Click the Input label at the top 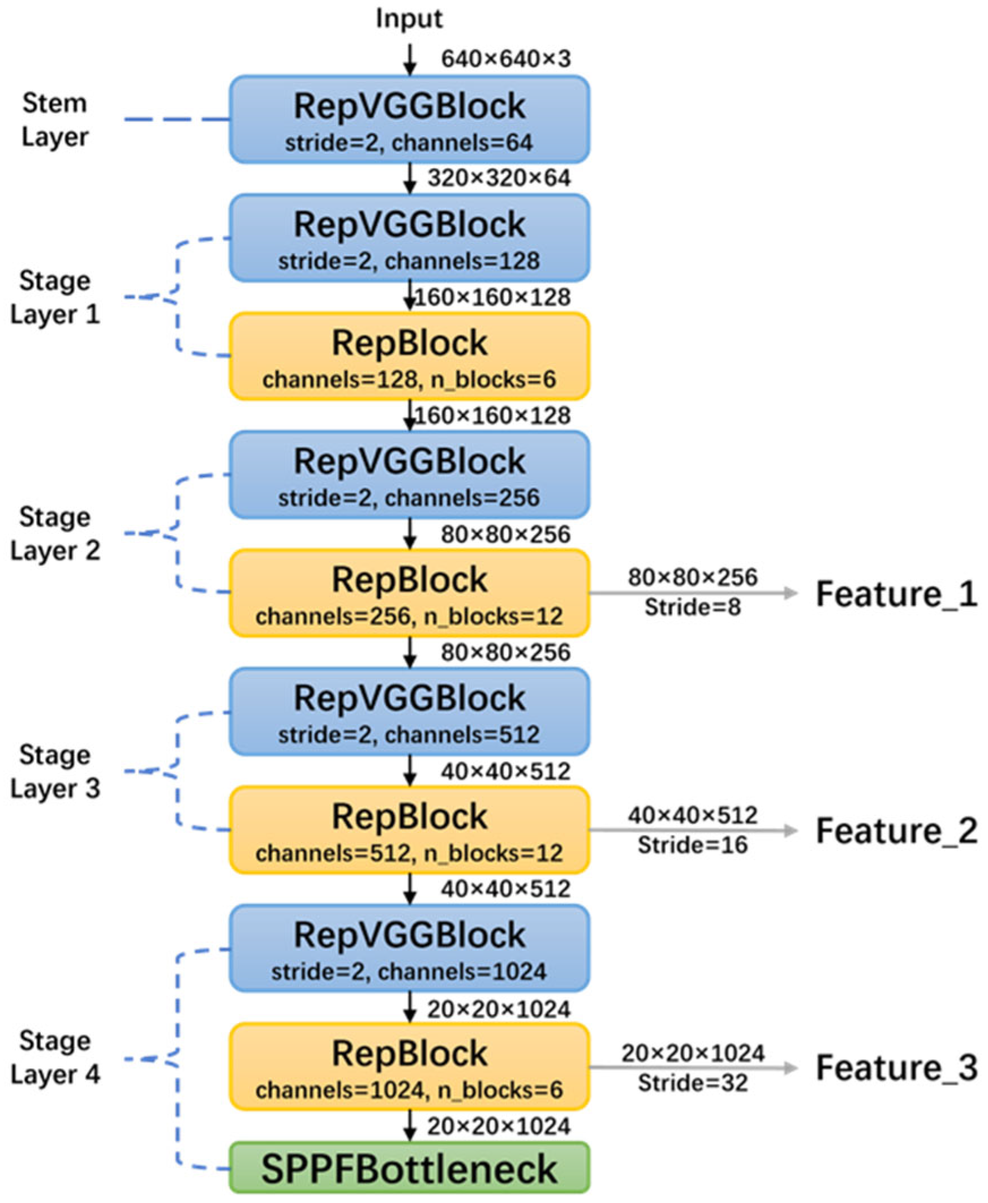(x=409, y=19)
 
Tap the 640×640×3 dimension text (x=506, y=59)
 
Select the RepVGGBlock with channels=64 (x=409, y=119)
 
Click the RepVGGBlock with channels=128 (x=409, y=238)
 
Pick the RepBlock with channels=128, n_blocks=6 (x=409, y=357)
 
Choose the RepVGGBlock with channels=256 (x=409, y=475)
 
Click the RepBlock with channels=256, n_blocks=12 (x=409, y=593)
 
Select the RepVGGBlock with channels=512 (x=409, y=712)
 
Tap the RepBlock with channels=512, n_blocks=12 (x=409, y=830)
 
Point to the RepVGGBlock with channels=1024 (x=409, y=948)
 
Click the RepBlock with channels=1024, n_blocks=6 (x=409, y=1067)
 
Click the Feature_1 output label (x=897, y=594)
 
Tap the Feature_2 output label (x=897, y=831)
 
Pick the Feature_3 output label (x=897, y=1068)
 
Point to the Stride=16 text (x=693, y=845)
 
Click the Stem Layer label (x=55, y=120)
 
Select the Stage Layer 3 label (x=55, y=772)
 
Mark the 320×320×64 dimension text (x=499, y=178)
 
